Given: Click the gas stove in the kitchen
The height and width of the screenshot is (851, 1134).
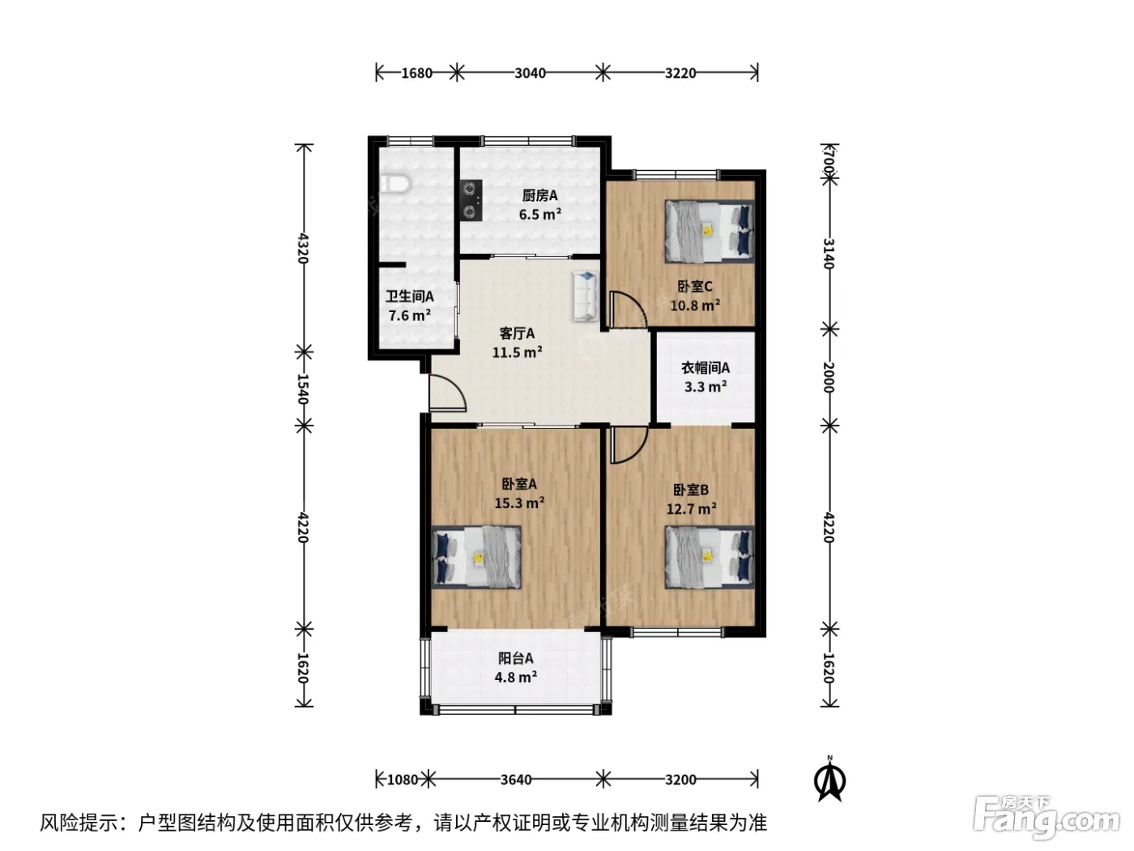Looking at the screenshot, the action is click(471, 200).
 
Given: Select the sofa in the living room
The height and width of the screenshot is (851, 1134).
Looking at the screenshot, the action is click(586, 297).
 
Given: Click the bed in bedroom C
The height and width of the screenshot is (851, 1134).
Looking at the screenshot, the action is click(709, 232).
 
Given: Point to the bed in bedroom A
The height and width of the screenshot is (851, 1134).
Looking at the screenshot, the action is click(475, 557).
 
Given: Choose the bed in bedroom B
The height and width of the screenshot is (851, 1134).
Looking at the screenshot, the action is click(709, 557).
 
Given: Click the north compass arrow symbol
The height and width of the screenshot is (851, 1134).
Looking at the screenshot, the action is click(829, 780).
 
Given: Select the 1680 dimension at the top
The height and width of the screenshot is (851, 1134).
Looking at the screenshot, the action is click(416, 73).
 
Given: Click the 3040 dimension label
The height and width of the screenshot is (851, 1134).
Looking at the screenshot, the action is click(530, 73).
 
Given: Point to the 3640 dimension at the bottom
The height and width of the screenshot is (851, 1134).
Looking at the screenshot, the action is click(516, 779).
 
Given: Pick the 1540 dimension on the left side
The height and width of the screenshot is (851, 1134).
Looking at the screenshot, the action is click(303, 389).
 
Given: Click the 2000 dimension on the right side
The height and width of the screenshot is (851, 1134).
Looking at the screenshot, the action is click(829, 377).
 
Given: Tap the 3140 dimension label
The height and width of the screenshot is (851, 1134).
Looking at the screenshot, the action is click(829, 254).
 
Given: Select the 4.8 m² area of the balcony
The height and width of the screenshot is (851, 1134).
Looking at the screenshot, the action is click(516, 677).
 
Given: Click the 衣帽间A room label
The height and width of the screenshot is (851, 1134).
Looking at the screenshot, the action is click(706, 368).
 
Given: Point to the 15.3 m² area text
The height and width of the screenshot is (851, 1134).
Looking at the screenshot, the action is click(519, 502).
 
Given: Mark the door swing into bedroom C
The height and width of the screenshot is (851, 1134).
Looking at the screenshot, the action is click(628, 309).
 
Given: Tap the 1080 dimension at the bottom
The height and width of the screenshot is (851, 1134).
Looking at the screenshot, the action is click(403, 779).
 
